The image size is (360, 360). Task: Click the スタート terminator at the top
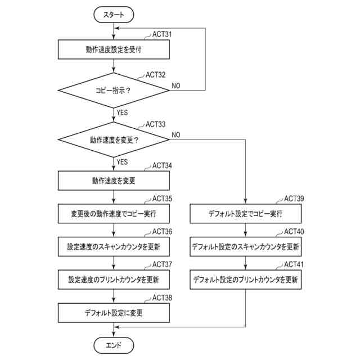(114, 15)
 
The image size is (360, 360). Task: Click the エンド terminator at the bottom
(114, 345)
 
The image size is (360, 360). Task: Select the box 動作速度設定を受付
(114, 49)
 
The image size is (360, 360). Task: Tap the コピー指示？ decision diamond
(114, 90)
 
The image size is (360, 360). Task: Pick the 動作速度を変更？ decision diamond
(114, 139)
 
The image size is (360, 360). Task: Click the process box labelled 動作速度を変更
(114, 181)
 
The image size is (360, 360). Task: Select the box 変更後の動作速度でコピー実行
(114, 214)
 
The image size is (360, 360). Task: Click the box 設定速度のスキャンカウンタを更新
(114, 247)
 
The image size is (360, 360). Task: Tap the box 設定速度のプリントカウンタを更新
(114, 280)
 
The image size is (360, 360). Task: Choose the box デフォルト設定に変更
(114, 313)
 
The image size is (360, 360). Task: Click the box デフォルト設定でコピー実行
(245, 214)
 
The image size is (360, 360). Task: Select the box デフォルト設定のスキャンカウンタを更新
(245, 247)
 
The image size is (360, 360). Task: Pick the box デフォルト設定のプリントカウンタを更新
(245, 280)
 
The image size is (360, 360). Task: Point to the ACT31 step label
(162, 34)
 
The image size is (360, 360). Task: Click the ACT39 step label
(294, 199)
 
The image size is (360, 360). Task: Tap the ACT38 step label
(162, 298)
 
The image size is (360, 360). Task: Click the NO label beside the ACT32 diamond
(176, 85)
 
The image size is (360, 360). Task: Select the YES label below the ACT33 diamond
(122, 162)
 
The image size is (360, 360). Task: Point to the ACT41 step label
(294, 264)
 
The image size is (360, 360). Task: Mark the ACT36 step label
(162, 232)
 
